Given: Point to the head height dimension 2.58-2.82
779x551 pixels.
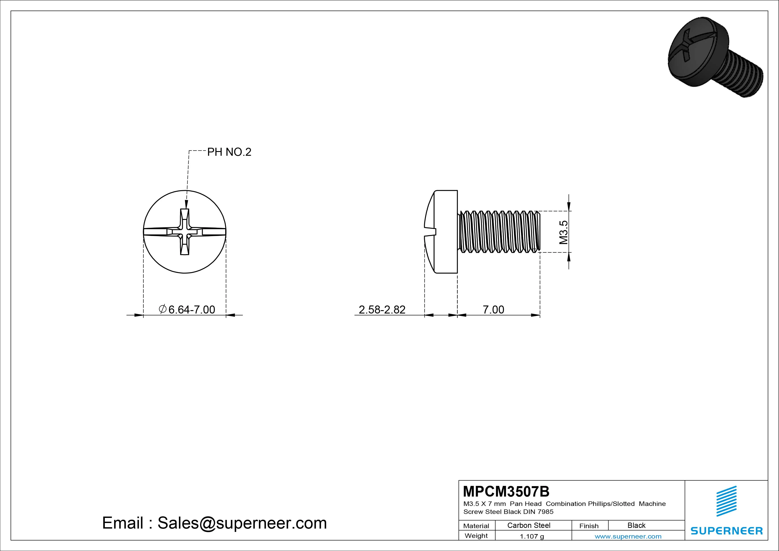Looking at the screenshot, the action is (x=382, y=310).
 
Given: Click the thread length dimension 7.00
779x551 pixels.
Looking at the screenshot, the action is (x=493, y=310).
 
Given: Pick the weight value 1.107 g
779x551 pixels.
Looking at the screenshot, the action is (x=532, y=536).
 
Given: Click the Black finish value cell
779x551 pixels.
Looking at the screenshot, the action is (x=636, y=525).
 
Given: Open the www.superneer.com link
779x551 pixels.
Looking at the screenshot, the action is (x=628, y=536).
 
